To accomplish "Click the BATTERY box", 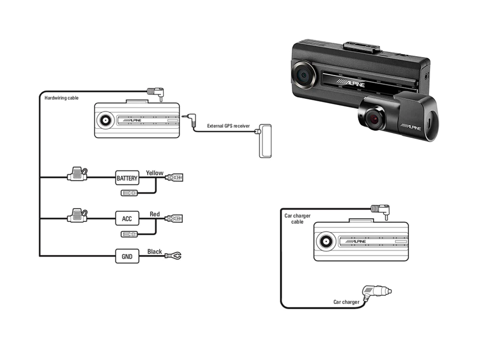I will (x=127, y=179).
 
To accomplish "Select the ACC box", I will (x=127, y=219).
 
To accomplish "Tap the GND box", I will (x=127, y=256).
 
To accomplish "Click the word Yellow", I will (x=155, y=173).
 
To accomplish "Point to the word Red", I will (x=155, y=214).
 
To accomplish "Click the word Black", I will (x=155, y=252).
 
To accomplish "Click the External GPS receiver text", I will (x=228, y=126).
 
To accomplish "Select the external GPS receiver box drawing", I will (x=265, y=140).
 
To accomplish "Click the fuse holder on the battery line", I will (x=77, y=175).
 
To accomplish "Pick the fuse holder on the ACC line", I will (x=77, y=216).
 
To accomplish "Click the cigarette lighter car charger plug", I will (x=378, y=292).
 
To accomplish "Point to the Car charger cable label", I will (x=294, y=218).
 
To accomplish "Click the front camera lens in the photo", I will (x=303, y=75).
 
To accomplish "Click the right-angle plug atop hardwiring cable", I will (x=156, y=91).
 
